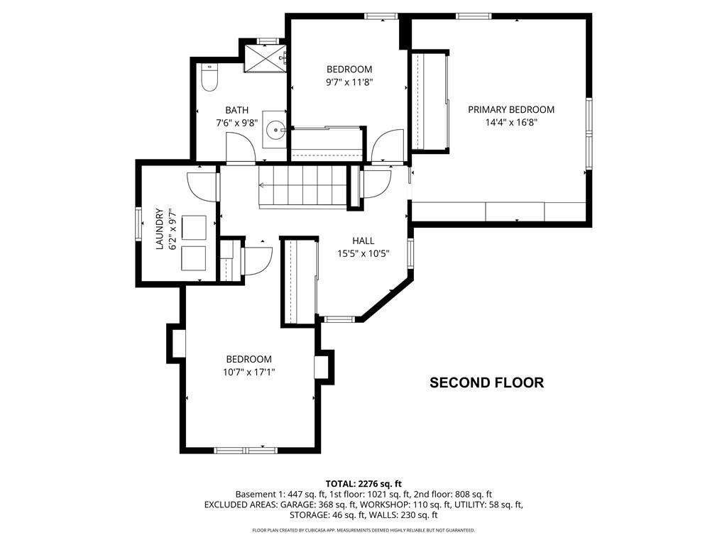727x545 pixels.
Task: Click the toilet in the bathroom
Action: (x=209, y=79)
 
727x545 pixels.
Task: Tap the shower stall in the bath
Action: (x=265, y=58)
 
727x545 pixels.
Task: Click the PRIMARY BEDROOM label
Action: (x=510, y=110)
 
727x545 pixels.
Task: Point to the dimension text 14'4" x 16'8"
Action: (x=510, y=122)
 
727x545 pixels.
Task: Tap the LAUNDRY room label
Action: (x=160, y=229)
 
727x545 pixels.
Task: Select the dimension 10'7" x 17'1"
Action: (x=248, y=371)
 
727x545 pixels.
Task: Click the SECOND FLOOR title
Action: (x=486, y=383)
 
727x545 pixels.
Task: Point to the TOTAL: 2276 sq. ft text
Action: (x=363, y=484)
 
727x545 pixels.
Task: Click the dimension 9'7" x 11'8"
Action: (x=349, y=82)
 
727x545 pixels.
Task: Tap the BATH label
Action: (x=237, y=110)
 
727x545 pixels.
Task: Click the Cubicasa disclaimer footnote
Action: (x=363, y=530)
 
